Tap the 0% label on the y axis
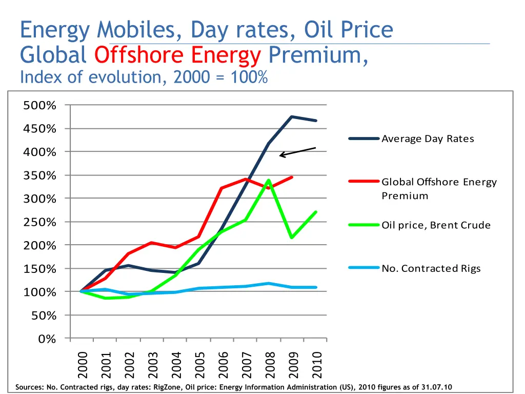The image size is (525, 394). (x=48, y=339)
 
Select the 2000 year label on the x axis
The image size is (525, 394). (x=82, y=364)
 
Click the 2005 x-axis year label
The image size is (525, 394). (x=199, y=364)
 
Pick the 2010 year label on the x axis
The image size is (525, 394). (x=316, y=364)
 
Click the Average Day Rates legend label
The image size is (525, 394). (x=428, y=139)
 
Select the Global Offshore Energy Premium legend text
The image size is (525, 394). (x=439, y=188)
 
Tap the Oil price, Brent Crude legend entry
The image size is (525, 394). (x=436, y=225)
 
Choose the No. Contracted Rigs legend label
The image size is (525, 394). (x=431, y=268)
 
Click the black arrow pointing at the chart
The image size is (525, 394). (x=297, y=152)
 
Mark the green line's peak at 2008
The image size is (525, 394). (x=269, y=180)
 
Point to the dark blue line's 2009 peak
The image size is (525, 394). (x=292, y=116)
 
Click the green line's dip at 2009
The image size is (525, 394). (x=292, y=238)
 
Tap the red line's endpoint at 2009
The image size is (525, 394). (x=292, y=177)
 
